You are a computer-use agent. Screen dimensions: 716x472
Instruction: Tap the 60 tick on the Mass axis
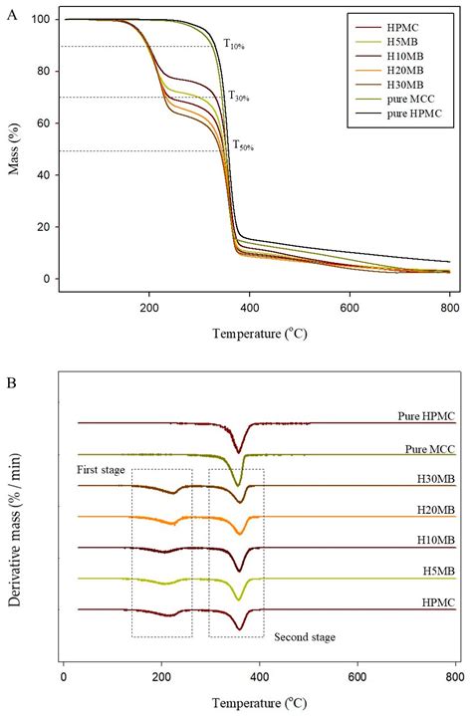(x=46, y=122)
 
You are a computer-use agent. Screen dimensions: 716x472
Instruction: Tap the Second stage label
(x=304, y=637)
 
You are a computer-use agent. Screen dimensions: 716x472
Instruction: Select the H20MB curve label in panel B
(x=433, y=510)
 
